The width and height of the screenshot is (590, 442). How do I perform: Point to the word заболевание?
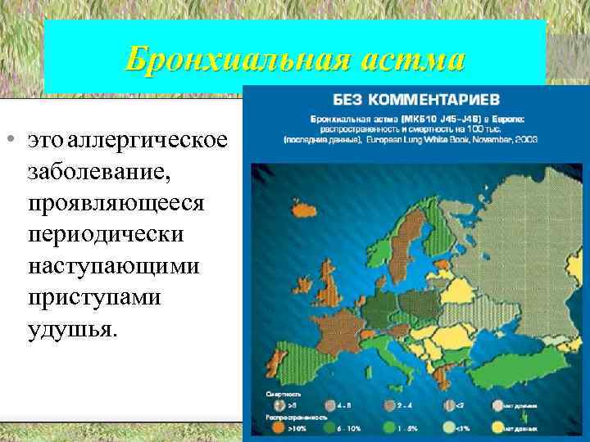point(96,172)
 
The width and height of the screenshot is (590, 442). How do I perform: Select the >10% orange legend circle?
point(280,426)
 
